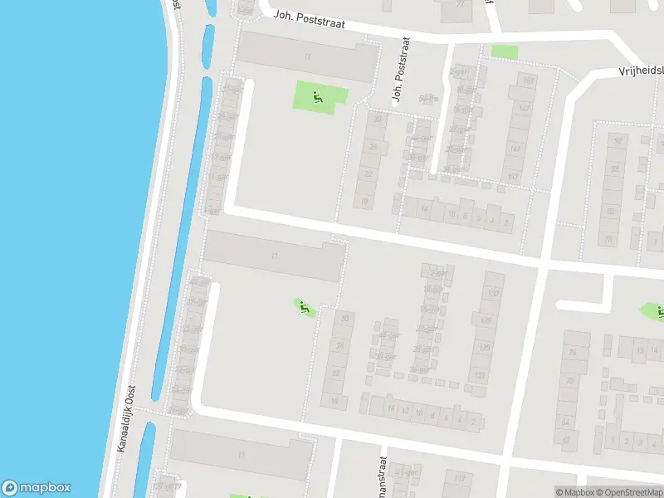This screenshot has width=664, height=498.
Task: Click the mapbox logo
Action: pyautogui.click(x=37, y=488)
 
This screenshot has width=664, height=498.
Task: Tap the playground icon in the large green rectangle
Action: pyautogui.click(x=319, y=97)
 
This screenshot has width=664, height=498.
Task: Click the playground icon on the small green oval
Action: pyautogui.click(x=304, y=307)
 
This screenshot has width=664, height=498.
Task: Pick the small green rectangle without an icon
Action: pyautogui.click(x=504, y=51)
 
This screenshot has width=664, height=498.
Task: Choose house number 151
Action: pyautogui.click(x=527, y=81)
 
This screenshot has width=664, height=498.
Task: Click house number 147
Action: pyautogui.click(x=523, y=109)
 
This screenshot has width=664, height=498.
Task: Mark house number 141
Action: pyautogui.click(x=515, y=149)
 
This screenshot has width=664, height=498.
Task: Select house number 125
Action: pyautogui.click(x=485, y=348)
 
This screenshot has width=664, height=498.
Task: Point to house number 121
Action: pyautogui.click(x=479, y=376)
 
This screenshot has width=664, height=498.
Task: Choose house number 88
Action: pyautogui.click(x=613, y=169)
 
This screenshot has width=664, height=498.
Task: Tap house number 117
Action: pyautogui.click(x=513, y=177)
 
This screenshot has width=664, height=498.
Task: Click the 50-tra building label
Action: pyautogui.click(x=428, y=99)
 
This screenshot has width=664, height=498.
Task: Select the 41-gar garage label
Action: pyautogui.click(x=407, y=472)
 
